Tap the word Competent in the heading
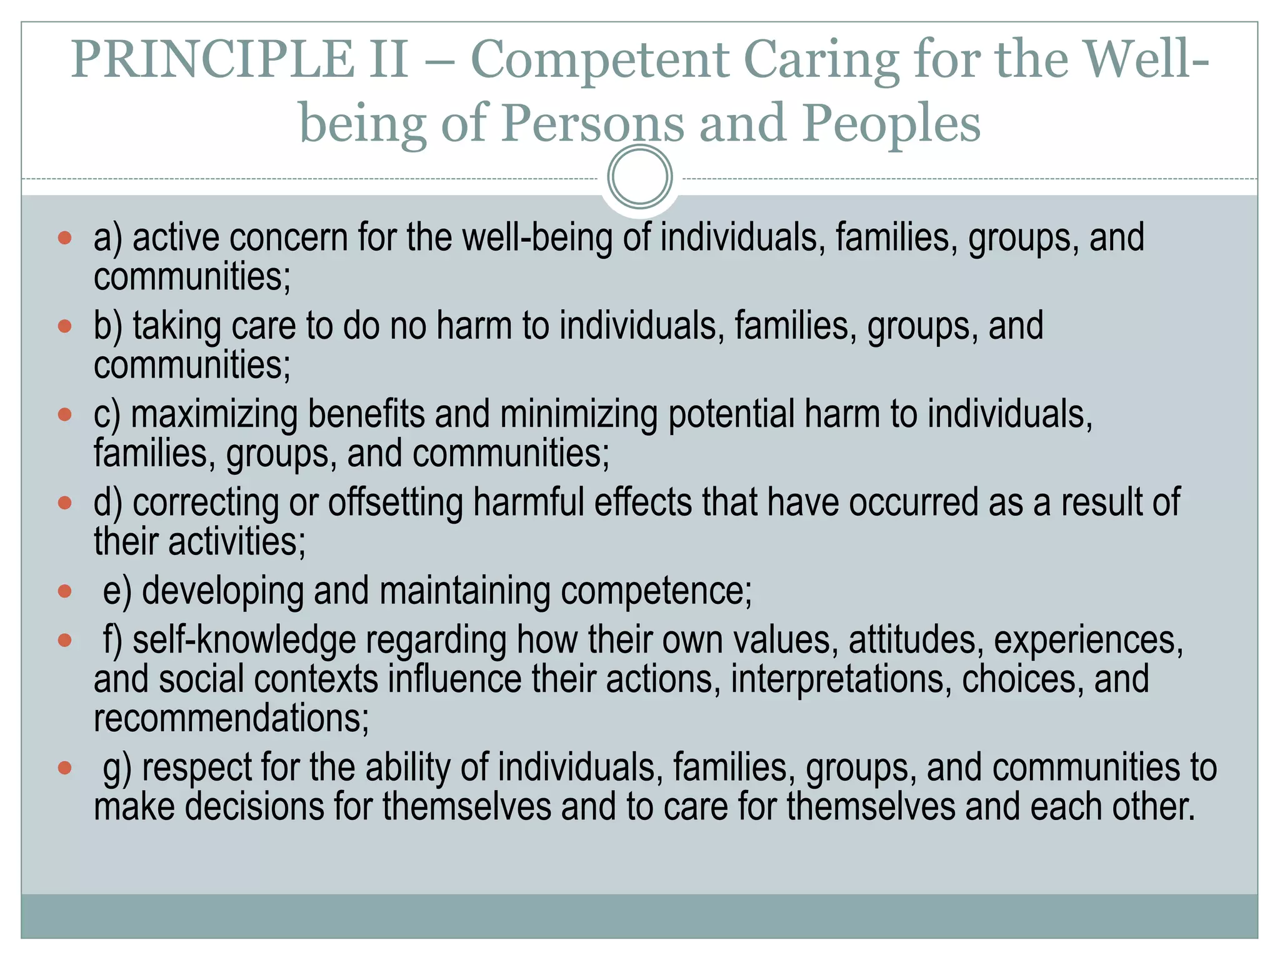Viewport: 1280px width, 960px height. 599,61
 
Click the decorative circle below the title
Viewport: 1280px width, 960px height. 640,177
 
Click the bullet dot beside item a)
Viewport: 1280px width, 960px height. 65,238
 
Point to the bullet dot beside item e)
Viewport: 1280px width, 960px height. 65,591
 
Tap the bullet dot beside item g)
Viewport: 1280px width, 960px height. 65,767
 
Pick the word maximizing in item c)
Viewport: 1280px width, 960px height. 214,415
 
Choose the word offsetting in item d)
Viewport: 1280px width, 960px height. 395,503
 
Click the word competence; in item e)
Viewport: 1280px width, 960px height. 656,591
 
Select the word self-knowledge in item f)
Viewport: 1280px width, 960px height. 244,641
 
